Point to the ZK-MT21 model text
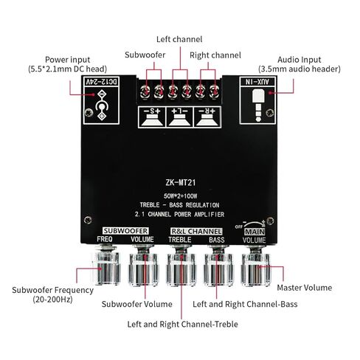coord(181,183)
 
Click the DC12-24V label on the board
coord(102,81)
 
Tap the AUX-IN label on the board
coord(257,81)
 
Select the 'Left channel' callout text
coord(179,39)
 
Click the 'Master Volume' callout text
coord(305,288)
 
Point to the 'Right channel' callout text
coord(215,55)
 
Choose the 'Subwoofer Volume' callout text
coord(137,304)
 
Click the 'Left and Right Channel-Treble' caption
coord(182,324)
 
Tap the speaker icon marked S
coord(152,117)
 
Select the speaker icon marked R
coord(207,117)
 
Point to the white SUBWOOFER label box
coord(125,231)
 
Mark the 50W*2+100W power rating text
coord(180,196)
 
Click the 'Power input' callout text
coord(67,60)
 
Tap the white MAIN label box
coord(255,232)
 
